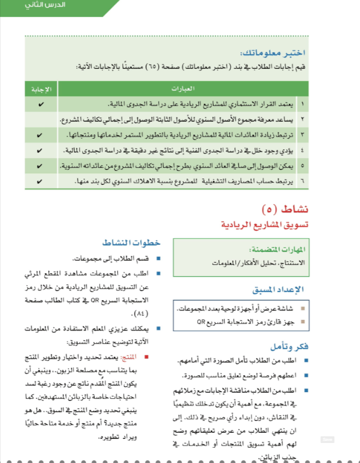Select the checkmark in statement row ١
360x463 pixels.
[41, 104]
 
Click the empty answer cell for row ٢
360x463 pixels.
[41, 120]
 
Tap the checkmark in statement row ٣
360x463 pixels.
[41, 136]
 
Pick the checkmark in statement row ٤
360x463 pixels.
[41, 151]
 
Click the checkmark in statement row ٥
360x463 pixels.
[41, 167]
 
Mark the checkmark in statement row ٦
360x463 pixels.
[41, 182]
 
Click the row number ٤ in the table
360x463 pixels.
[302, 151]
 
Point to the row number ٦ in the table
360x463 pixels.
[302, 182]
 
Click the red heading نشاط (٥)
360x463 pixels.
[285, 210]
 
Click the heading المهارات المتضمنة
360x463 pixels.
[277, 249]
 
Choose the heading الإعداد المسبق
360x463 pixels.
[279, 290]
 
